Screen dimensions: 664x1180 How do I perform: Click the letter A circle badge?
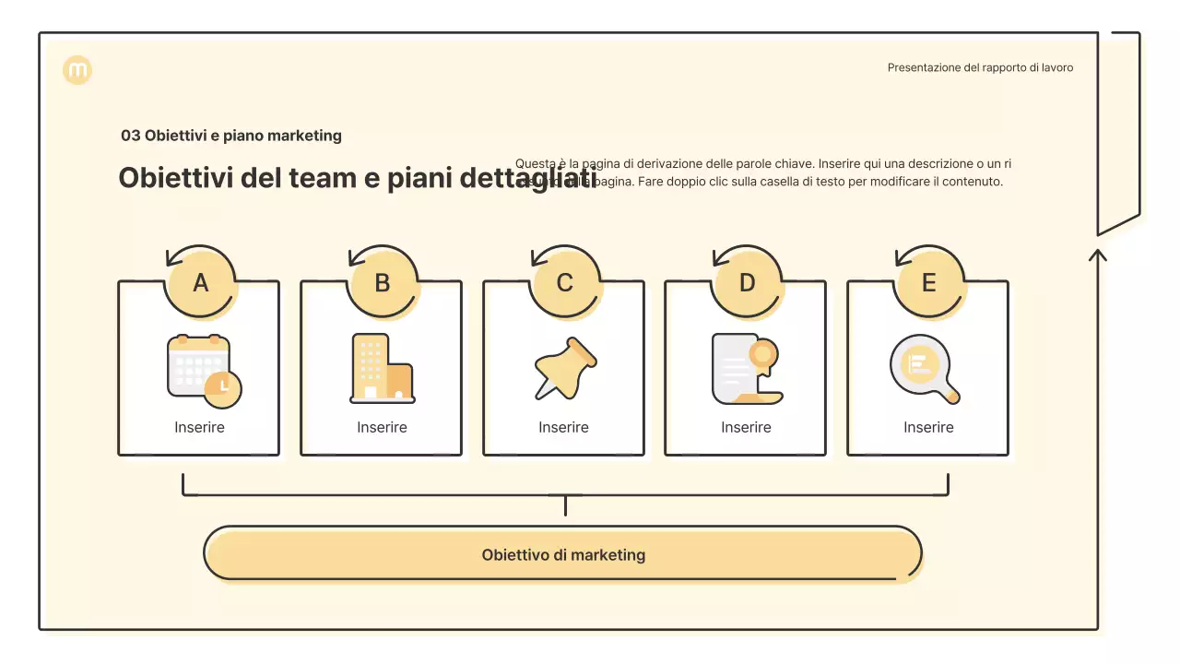[200, 283]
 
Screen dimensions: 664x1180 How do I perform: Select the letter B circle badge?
[383, 283]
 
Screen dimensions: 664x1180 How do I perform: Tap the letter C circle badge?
[565, 283]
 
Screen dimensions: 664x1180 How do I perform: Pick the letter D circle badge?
[747, 283]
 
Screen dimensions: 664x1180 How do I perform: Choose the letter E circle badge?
[929, 283]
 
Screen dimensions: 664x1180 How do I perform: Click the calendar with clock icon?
[204, 371]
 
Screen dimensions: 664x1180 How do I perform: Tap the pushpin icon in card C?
[565, 368]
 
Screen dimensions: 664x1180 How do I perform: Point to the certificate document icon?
[746, 369]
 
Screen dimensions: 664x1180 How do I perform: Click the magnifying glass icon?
[925, 369]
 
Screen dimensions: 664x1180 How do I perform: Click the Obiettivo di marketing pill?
[563, 555]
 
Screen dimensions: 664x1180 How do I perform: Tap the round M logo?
[77, 70]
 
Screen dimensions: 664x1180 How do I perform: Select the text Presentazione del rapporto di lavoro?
[980, 67]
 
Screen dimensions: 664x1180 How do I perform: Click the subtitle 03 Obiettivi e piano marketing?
[231, 136]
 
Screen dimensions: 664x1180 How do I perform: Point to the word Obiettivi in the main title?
[175, 177]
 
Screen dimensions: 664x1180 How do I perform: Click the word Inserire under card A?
[199, 428]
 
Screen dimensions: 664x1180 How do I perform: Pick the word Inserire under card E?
[928, 428]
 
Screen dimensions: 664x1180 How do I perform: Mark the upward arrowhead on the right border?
[1097, 253]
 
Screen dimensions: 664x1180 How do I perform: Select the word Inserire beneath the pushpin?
[563, 428]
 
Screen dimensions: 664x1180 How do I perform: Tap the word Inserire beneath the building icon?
[382, 428]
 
